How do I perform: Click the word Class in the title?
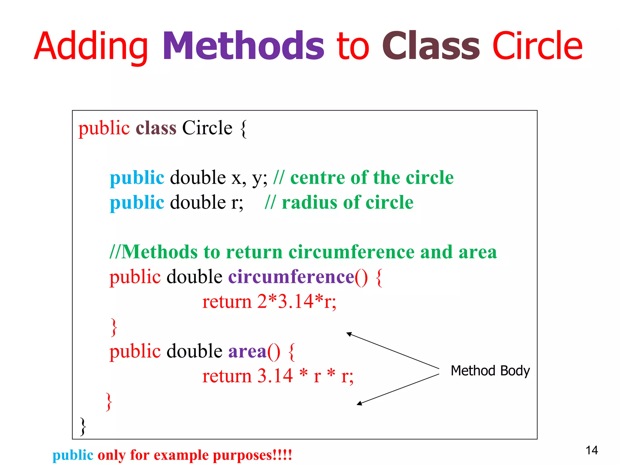tap(431, 46)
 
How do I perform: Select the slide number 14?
tap(592, 450)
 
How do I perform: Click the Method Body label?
tap(490, 371)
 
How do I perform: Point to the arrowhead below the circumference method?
tap(349, 334)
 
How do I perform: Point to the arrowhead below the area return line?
tap(359, 403)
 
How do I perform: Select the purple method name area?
tap(247, 351)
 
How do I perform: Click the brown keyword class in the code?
tap(156, 128)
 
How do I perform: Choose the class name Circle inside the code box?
tap(207, 128)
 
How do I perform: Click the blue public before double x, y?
tap(137, 178)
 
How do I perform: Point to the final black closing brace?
tap(83, 426)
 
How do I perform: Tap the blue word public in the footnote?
tap(73, 455)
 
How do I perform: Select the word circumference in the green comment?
tap(351, 252)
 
